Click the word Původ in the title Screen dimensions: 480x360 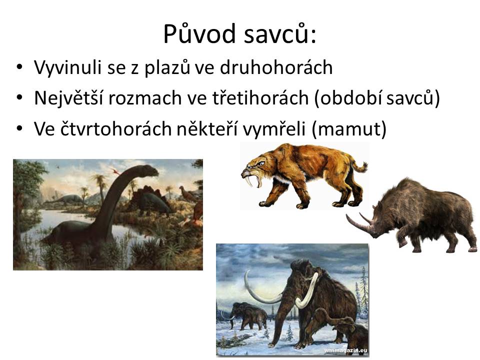[x=201, y=33]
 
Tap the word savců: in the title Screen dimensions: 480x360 [x=280, y=34]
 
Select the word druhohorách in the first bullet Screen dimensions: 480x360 [x=276, y=67]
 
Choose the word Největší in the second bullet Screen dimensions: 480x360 [x=68, y=98]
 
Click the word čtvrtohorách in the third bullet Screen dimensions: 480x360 [x=115, y=128]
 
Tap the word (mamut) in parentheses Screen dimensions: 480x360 [x=349, y=129]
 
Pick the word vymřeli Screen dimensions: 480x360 [x=274, y=129]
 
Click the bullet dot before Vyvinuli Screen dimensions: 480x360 [x=19, y=67]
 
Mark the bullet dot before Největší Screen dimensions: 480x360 [x=19, y=97]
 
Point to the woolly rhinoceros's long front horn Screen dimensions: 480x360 [x=359, y=225]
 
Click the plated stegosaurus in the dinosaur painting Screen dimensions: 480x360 [x=151, y=199]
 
